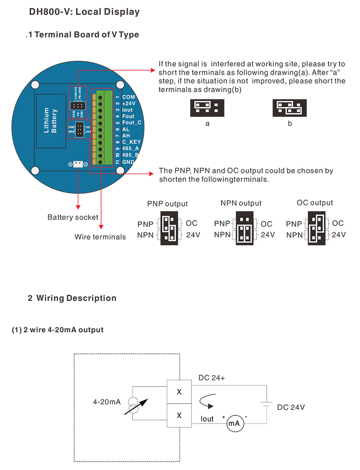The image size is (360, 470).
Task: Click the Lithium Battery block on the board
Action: pyautogui.click(x=51, y=121)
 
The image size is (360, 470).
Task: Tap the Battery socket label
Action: pyautogui.click(x=73, y=217)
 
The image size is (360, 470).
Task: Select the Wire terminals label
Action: pyautogui.click(x=100, y=237)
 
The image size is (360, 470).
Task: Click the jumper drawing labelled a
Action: pyautogui.click(x=204, y=108)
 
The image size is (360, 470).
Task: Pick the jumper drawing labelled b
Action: pyautogui.click(x=289, y=108)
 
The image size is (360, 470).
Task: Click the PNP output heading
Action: pyautogui.click(x=167, y=204)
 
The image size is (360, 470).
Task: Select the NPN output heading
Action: pyautogui.click(x=241, y=203)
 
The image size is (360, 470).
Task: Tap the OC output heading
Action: pyautogui.click(x=315, y=203)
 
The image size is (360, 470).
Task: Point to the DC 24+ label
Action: pyautogui.click(x=211, y=378)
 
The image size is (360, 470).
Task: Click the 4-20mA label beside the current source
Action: pyautogui.click(x=107, y=402)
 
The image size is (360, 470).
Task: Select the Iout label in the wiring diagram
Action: pyautogui.click(x=207, y=419)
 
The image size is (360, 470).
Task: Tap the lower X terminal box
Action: pyautogui.click(x=179, y=415)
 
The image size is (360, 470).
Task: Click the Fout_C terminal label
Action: pyautogui.click(x=132, y=123)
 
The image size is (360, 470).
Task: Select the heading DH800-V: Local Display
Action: pyautogui.click(x=84, y=12)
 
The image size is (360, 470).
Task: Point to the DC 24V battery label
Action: pyautogui.click(x=291, y=407)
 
